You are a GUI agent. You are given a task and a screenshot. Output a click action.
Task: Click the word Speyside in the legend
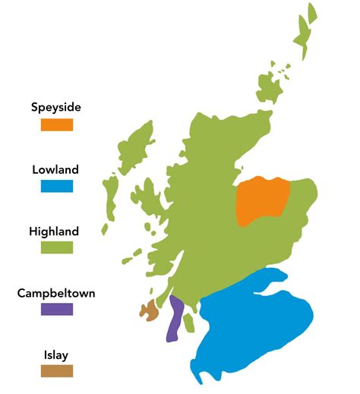(57, 107)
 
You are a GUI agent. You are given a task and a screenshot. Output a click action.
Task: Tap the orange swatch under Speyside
(57, 124)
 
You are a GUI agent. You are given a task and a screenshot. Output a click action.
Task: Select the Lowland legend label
(56, 169)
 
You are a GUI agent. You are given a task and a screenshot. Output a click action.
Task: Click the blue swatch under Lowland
(57, 186)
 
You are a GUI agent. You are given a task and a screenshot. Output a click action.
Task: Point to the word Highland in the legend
(57, 231)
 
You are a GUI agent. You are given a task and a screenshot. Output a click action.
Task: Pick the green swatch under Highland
(57, 247)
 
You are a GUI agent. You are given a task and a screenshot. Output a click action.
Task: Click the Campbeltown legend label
(57, 292)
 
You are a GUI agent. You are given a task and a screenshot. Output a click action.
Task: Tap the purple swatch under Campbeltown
(57, 309)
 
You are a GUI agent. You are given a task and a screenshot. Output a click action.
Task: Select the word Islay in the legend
(57, 354)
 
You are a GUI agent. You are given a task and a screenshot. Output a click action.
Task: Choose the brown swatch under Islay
(57, 370)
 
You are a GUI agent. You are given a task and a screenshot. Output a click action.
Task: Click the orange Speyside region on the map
(263, 201)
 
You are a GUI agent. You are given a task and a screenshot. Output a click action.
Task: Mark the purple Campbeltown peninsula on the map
(175, 319)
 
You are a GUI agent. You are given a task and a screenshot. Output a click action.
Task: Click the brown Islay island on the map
(149, 310)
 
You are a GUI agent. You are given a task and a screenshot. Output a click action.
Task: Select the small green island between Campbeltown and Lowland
(189, 323)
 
